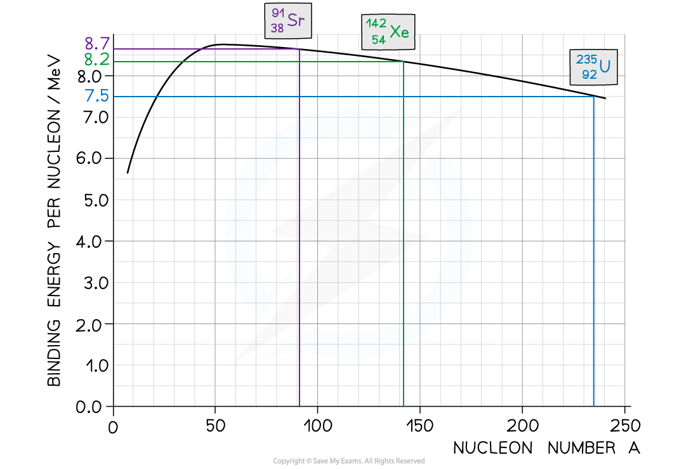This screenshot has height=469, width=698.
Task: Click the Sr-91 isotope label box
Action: tap(288, 20)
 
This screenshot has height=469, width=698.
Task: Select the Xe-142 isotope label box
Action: tap(388, 32)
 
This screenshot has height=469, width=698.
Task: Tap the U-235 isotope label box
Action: tap(593, 67)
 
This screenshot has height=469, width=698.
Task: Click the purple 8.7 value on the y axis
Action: tap(97, 44)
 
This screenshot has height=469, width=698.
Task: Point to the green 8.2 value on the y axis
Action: tap(96, 59)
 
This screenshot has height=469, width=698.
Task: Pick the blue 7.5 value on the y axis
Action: tap(97, 96)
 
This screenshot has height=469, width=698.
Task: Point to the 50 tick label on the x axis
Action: tap(216, 426)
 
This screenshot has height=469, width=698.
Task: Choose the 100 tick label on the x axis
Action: tap(318, 426)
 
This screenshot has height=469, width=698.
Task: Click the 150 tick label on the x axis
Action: tap(420, 426)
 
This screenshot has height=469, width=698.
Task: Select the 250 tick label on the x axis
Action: tap(625, 426)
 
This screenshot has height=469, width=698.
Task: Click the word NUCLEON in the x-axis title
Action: tap(493, 448)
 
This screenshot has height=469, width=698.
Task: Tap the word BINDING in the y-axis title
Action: tap(54, 353)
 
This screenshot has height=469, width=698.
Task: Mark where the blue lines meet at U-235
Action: tap(593, 97)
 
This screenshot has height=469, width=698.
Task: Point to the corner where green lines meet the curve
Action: tap(404, 62)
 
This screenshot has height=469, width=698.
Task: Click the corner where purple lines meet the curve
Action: tap(299, 49)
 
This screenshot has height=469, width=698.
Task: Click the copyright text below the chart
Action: tap(349, 461)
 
